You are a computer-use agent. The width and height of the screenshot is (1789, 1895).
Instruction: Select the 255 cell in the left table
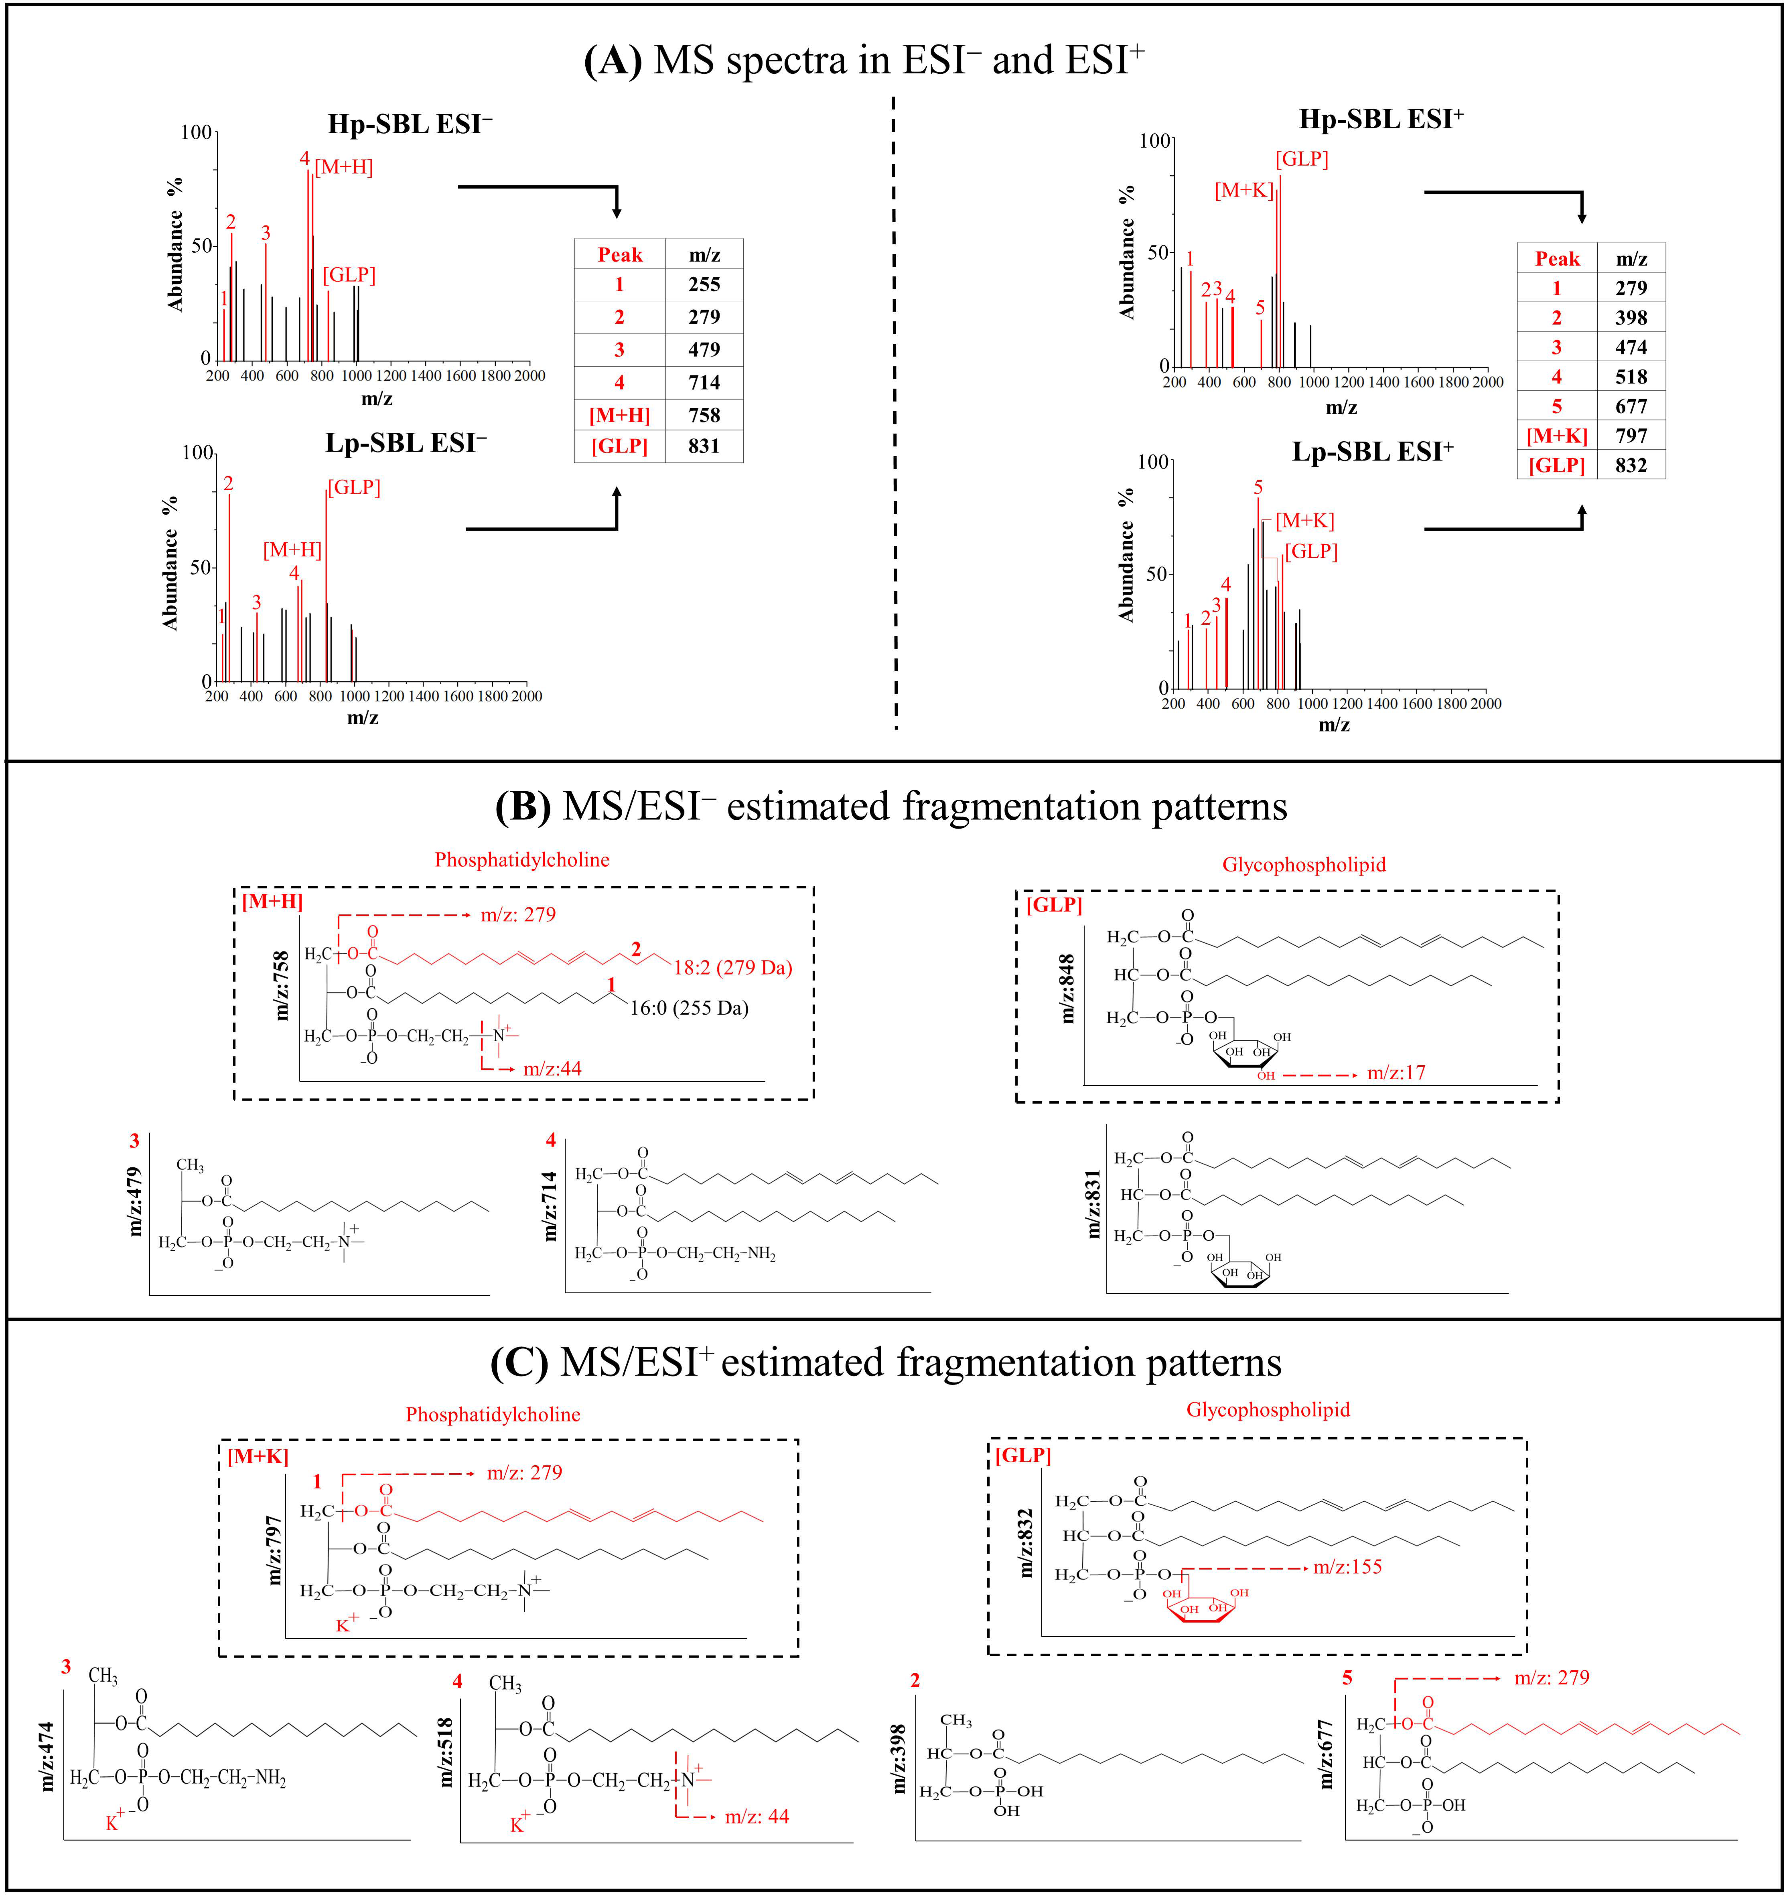(704, 284)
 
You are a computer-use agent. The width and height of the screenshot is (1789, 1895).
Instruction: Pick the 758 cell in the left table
(704, 415)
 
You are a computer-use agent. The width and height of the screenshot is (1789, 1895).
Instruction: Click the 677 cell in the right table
(1631, 406)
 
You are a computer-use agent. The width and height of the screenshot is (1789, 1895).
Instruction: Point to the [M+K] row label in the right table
(1556, 436)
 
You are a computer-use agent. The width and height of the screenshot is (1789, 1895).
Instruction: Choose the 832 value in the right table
(1631, 465)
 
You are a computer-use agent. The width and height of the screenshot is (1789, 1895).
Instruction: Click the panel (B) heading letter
(523, 807)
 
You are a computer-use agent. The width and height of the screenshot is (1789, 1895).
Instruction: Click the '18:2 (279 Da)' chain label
(732, 968)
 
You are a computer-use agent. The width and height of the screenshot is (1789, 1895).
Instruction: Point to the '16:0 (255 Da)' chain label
(688, 1008)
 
